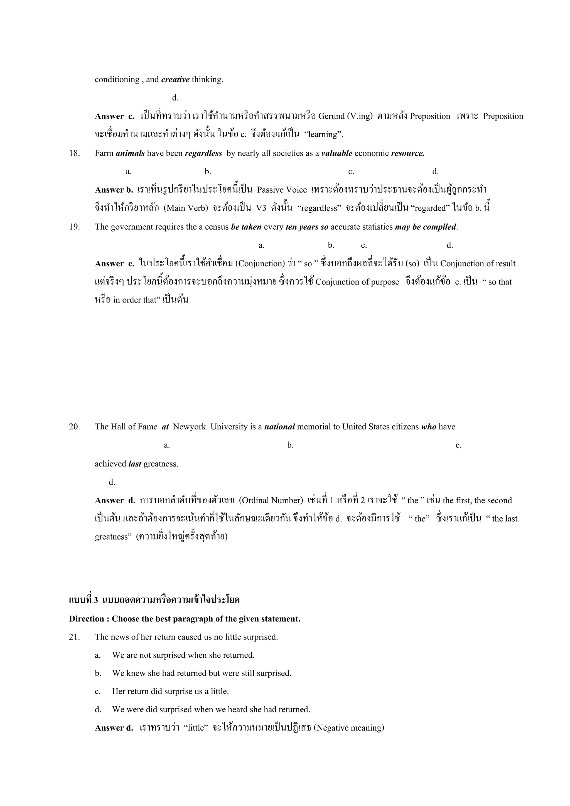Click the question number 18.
click(74, 153)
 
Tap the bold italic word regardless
click(203, 153)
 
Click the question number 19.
click(74, 227)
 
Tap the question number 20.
click(74, 427)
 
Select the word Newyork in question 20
click(190, 427)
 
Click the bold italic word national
click(279, 427)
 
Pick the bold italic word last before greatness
click(135, 464)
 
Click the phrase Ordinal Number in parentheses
click(271, 501)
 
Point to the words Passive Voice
click(282, 190)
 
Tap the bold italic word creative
click(175, 80)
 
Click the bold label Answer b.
click(114, 190)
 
